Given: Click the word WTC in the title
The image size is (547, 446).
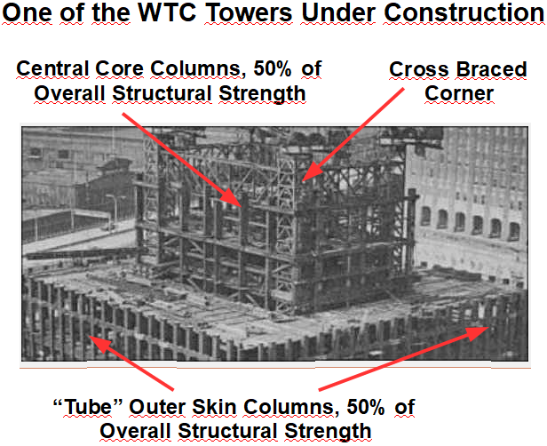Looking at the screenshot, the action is (x=167, y=12).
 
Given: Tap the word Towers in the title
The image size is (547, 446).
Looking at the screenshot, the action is (x=249, y=12).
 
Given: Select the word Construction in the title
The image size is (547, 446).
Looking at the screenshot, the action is (x=464, y=12).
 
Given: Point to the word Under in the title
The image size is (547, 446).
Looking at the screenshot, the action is (x=338, y=12).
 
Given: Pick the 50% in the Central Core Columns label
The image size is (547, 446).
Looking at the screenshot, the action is (x=272, y=68).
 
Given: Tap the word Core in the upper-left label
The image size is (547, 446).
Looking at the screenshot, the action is (x=119, y=68).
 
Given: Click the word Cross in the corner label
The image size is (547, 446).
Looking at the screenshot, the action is (x=418, y=69).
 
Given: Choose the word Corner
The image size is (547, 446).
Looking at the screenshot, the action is (x=459, y=93).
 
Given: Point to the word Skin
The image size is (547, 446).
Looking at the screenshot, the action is (x=214, y=407).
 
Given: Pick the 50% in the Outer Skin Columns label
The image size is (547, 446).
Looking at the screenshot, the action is (x=365, y=407).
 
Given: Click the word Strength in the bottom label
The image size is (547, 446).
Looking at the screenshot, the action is (x=328, y=432).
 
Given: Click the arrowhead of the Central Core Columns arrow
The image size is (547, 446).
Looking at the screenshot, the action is (x=231, y=197).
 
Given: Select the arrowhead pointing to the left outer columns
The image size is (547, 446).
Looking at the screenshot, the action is (x=100, y=344).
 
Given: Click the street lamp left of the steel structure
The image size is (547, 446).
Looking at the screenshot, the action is (x=114, y=211).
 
